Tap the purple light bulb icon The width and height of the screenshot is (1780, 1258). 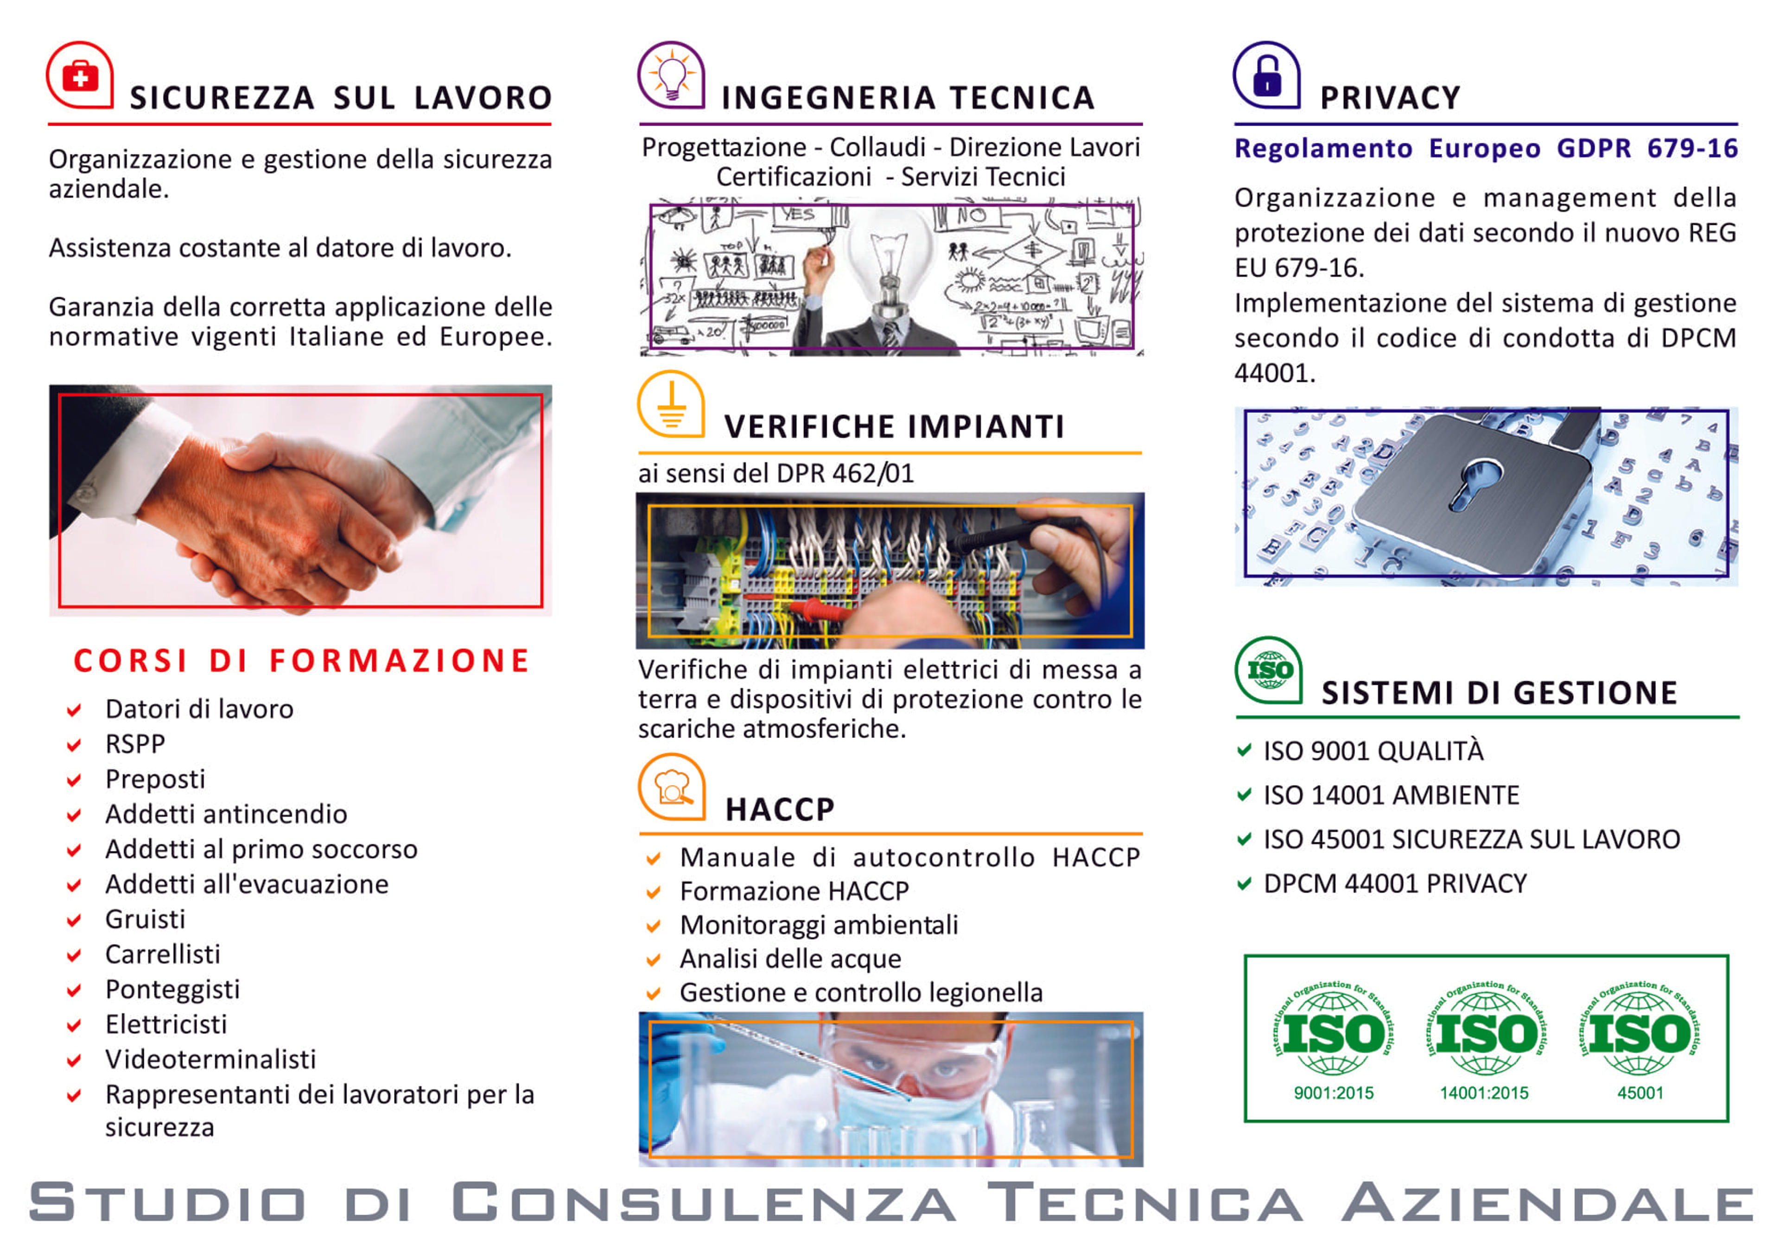click(x=671, y=75)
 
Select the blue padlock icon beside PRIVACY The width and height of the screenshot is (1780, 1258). click(x=1267, y=75)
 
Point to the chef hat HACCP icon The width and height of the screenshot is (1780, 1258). click(x=671, y=787)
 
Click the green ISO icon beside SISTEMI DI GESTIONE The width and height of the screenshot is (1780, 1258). click(x=1268, y=670)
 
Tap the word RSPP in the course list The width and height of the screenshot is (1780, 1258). click(x=135, y=744)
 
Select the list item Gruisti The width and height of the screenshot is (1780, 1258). click(x=145, y=919)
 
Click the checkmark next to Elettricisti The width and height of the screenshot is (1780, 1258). click(x=74, y=1025)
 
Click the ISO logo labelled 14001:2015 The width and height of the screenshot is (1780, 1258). click(x=1485, y=1031)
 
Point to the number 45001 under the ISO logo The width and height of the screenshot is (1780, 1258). click(x=1640, y=1093)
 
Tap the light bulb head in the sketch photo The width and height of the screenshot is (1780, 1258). click(x=891, y=248)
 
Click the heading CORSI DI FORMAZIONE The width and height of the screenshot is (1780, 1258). click(x=302, y=661)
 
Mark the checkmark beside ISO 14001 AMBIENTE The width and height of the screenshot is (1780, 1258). click(x=1244, y=794)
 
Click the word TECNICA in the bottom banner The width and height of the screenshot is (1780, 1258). click(x=1145, y=1202)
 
